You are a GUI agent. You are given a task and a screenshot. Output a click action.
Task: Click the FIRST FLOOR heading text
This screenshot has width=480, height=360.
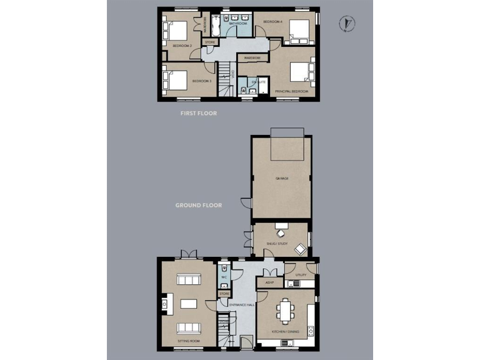[198, 114]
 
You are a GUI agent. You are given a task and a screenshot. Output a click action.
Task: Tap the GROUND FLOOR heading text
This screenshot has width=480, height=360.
[198, 205]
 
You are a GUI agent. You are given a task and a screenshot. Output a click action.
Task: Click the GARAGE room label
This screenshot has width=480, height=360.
[281, 179]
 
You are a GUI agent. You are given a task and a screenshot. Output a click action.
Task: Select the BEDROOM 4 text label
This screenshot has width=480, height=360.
[273, 22]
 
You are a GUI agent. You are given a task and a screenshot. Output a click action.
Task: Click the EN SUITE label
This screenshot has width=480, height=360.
[259, 82]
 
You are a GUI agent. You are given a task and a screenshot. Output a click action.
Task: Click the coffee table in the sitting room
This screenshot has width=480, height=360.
[188, 304]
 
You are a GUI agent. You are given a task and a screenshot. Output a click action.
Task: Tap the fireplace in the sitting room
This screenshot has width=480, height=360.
[164, 304]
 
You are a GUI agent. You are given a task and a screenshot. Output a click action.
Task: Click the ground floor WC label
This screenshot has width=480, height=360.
[223, 277]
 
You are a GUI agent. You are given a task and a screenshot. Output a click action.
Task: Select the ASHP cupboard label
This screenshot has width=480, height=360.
[269, 283]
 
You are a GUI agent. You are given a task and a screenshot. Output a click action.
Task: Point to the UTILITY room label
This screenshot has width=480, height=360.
[301, 275]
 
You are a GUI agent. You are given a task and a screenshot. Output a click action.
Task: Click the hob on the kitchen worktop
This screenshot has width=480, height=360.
[310, 330]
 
